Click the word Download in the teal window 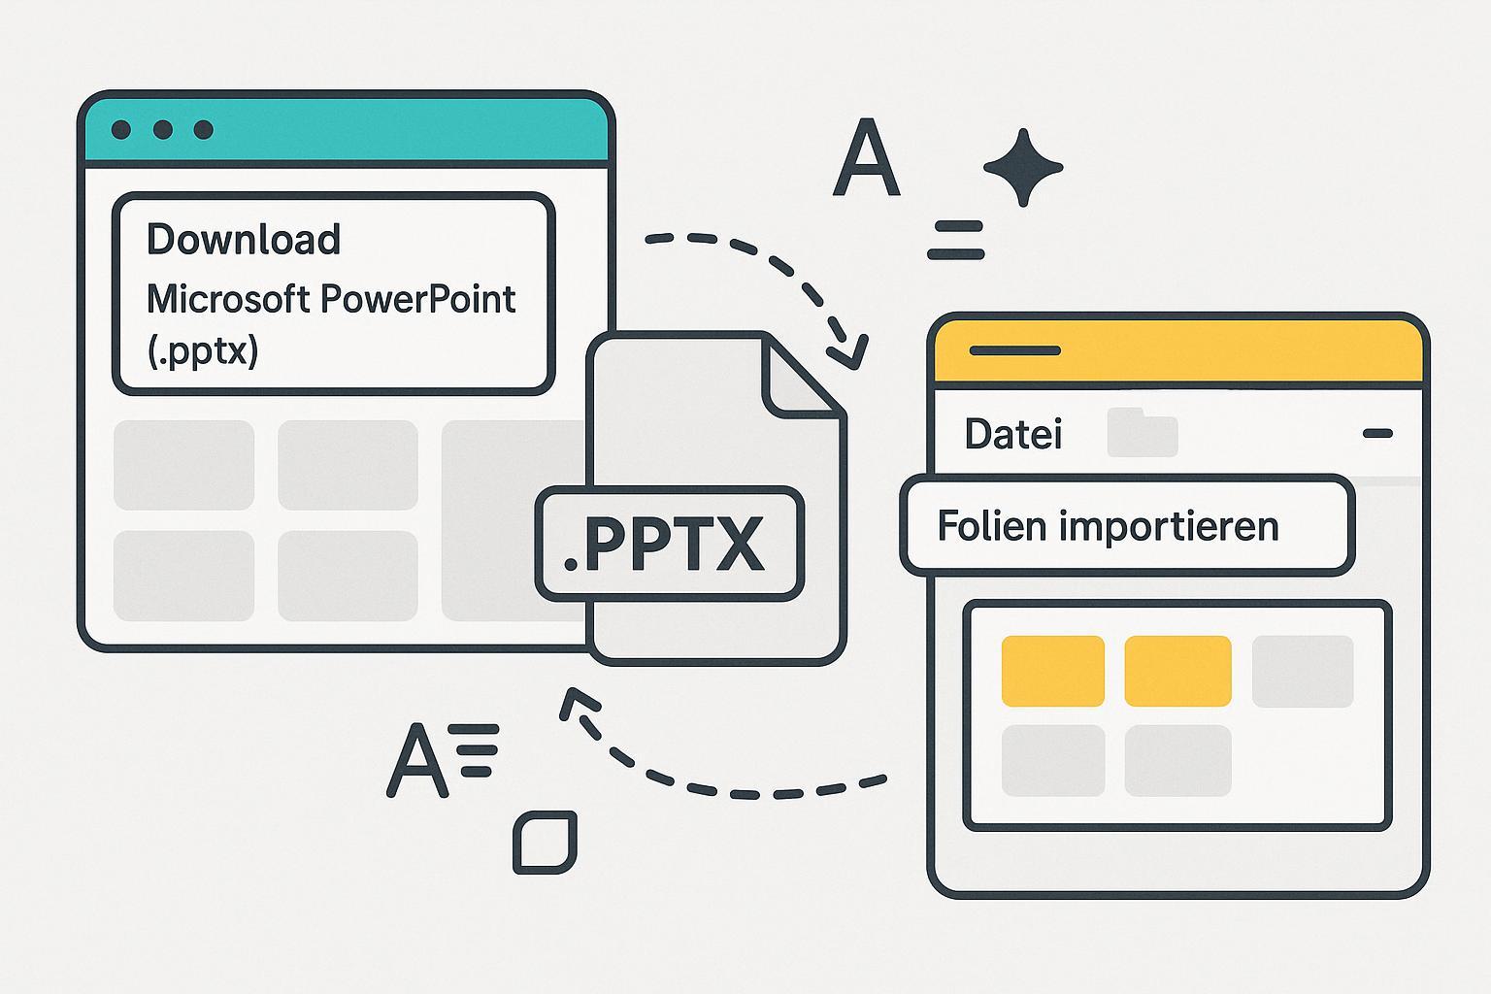[x=243, y=240]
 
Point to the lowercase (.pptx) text [x=203, y=350]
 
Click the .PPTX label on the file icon [x=669, y=545]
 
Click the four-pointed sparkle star [x=1022, y=167]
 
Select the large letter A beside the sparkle [x=866, y=159]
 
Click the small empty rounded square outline [x=545, y=841]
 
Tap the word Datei [x=1012, y=434]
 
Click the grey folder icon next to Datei [x=1143, y=433]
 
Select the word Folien [x=991, y=526]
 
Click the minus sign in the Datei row [x=1377, y=434]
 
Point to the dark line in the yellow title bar [x=1014, y=350]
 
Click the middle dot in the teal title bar [x=162, y=130]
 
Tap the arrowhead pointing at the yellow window [x=847, y=351]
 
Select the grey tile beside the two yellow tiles [x=1302, y=671]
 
